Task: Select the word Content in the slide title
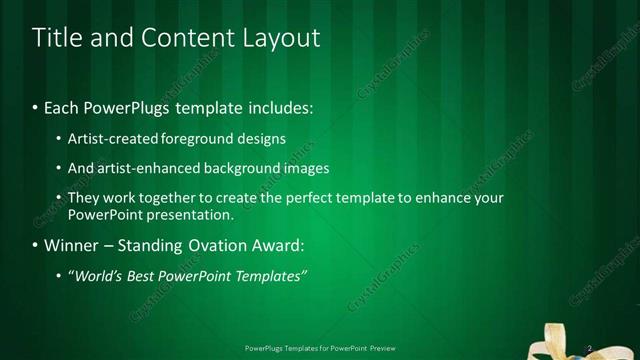180,38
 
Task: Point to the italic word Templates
270,275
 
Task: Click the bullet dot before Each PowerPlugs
36,106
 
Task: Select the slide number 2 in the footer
590,348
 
